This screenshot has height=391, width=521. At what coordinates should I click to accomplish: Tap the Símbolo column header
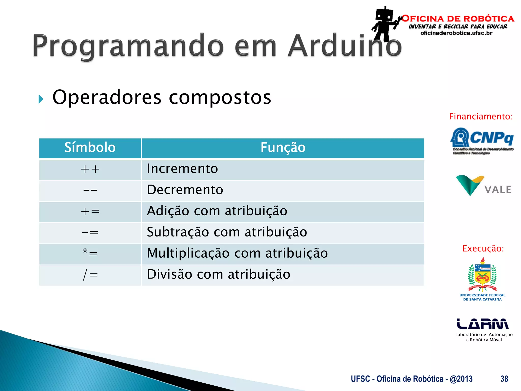pos(90,147)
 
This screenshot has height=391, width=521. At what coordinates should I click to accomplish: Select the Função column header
pos(283,147)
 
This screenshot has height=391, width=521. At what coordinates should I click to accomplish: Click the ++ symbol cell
pos(90,169)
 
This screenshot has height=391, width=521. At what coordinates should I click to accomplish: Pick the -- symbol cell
pos(90,190)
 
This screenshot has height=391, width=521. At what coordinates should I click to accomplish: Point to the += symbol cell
pos(90,212)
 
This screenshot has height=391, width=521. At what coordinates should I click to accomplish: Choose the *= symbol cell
pos(90,253)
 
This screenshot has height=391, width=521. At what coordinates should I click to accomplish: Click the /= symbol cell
pos(90,275)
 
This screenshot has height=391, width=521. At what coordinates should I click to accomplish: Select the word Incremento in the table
pos(182,169)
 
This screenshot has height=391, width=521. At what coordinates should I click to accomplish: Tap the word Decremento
pos(185,190)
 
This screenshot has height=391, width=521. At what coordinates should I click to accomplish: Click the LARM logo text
pos(483,324)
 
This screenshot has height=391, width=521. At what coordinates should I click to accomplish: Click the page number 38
pos(504,379)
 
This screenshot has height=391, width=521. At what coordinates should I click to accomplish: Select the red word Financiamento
pos(481,117)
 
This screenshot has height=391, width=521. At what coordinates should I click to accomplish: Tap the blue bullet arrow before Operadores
pos(41,99)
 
